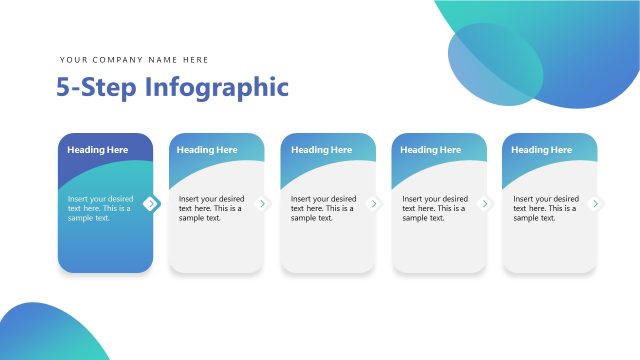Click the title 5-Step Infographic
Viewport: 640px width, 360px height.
coord(172,87)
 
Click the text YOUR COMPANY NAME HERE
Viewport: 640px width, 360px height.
coord(134,60)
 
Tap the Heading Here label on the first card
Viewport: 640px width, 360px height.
coord(98,150)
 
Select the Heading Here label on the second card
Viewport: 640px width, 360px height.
coord(207,150)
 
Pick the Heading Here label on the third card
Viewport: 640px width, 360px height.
coord(321,150)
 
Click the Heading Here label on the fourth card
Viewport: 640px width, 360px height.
coord(431,150)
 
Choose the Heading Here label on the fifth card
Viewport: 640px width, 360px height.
coord(542,150)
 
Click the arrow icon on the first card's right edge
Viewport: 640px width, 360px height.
coord(151,204)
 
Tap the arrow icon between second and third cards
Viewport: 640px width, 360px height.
coord(263,204)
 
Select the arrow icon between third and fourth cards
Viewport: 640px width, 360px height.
coord(375,204)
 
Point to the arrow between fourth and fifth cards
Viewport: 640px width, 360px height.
coord(486,204)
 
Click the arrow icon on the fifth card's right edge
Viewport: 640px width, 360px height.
coord(597,204)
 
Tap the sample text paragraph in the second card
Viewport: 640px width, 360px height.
coord(211,208)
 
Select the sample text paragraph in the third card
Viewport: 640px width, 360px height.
coord(323,208)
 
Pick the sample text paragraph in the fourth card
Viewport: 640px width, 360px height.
coord(434,208)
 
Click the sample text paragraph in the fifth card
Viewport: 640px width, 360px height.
coord(545,208)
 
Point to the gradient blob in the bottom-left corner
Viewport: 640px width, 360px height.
coord(45,335)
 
